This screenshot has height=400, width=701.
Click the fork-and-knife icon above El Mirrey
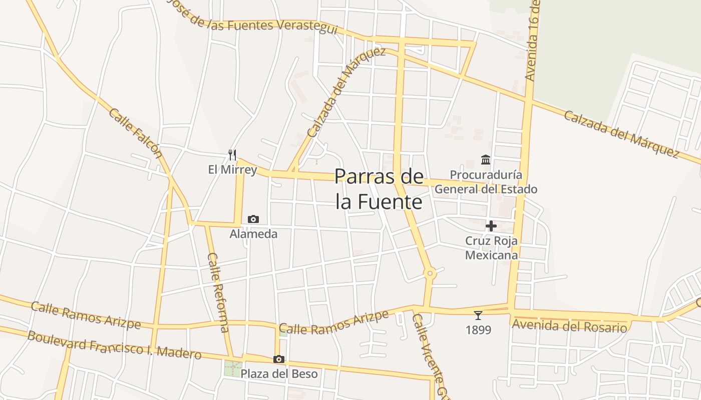[232, 154]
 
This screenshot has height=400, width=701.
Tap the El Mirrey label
[232, 169]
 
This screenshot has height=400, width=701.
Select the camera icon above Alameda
[253, 219]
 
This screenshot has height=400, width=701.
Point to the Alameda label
[253, 233]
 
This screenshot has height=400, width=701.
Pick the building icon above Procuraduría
[485, 160]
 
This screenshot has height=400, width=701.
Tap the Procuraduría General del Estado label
[486, 182]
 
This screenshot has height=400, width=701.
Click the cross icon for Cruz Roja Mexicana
[491, 226]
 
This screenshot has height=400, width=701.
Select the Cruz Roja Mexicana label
[491, 248]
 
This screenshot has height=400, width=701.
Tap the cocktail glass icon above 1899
[478, 315]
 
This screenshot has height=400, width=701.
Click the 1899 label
[478, 330]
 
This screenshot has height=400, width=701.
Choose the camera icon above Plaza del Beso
[279, 359]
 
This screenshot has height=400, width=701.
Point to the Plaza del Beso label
[279, 373]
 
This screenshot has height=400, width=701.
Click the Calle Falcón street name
[136, 132]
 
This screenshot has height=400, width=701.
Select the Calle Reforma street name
[218, 292]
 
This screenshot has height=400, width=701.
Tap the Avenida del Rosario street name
[569, 326]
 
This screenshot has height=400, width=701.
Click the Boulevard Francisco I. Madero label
[114, 345]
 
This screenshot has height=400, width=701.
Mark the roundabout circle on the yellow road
[430, 273]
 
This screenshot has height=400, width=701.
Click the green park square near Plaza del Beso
[232, 368]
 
